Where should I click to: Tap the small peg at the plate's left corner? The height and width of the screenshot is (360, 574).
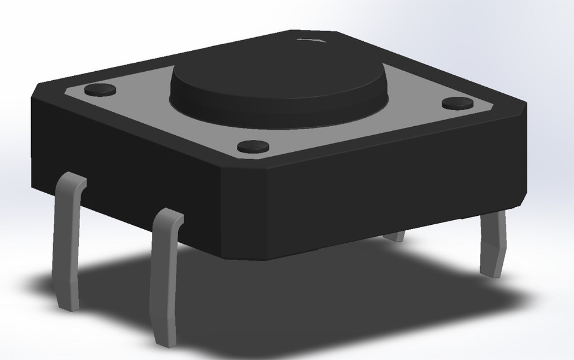point(100,90)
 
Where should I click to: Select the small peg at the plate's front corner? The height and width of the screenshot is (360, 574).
point(253,145)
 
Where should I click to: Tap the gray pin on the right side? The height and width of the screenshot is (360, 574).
point(494,239)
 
